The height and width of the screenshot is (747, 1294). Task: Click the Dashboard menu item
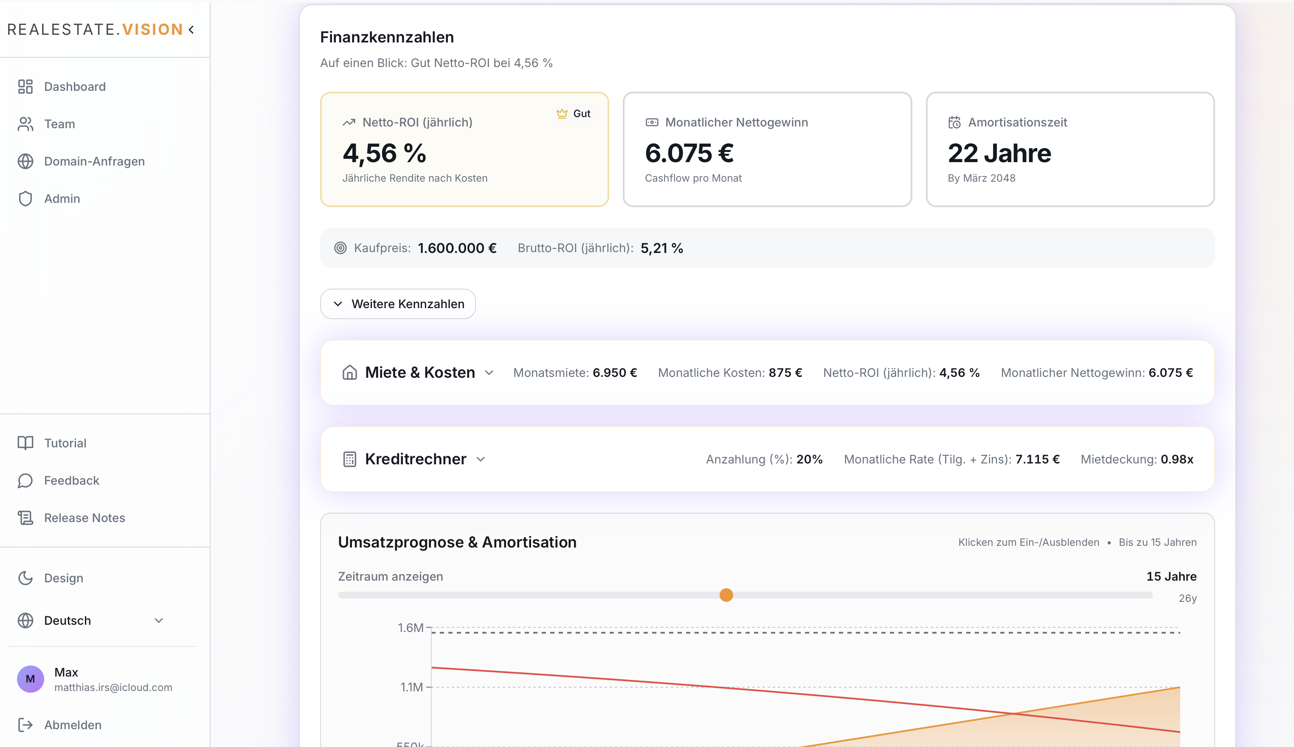[74, 87]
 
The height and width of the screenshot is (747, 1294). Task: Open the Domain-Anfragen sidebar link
[94, 161]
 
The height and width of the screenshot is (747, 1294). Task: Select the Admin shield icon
[25, 199]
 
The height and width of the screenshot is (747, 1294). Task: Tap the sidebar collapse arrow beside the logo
[191, 30]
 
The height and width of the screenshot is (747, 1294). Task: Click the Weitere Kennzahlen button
[398, 304]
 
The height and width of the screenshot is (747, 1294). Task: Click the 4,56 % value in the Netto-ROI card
[384, 153]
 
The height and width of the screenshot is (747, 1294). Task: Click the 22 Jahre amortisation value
[999, 153]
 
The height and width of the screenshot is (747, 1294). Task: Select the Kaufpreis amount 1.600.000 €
[457, 248]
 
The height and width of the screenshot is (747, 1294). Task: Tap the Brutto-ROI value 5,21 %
[661, 248]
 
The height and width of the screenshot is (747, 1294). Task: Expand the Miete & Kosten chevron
[489, 373]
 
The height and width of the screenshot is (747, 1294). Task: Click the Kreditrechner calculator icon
[349, 459]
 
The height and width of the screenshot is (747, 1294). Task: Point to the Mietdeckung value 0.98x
[1176, 459]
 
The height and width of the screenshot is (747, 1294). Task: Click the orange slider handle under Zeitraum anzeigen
[726, 595]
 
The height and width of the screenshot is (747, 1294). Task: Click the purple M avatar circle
[30, 679]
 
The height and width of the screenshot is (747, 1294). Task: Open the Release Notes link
[84, 518]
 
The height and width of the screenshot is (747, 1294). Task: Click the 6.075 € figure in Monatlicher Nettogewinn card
[689, 153]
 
